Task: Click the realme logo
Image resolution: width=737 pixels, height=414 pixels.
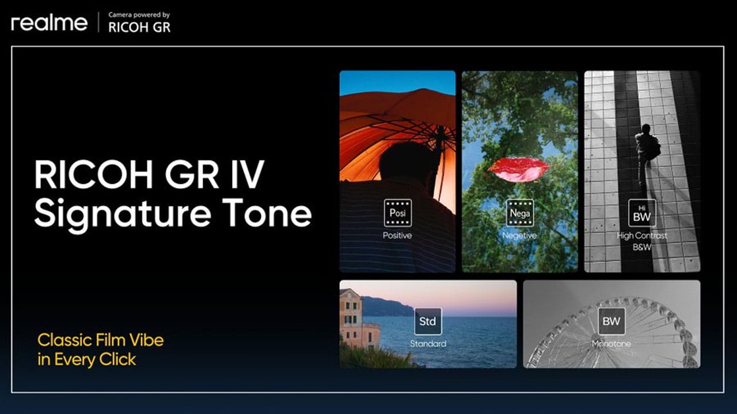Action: tap(49, 24)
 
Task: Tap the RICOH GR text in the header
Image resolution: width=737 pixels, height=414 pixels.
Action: tap(139, 27)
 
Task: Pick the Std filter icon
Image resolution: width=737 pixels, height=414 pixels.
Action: tap(428, 322)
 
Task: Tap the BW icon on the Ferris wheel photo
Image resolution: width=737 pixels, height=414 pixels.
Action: tap(611, 322)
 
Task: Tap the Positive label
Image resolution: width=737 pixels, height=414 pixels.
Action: tap(397, 236)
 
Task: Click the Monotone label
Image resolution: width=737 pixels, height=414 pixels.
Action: tap(611, 344)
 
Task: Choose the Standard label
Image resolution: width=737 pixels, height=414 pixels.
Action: tap(428, 344)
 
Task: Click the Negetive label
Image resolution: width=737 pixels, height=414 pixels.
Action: tap(519, 236)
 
